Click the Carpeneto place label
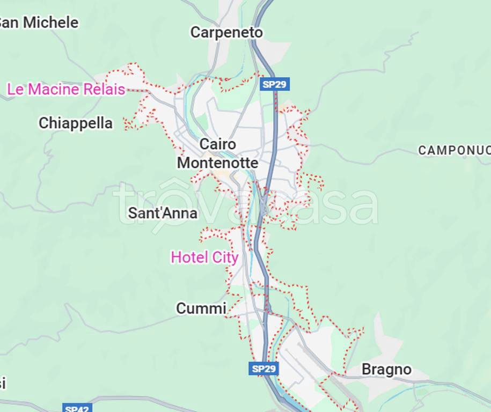point(226,33)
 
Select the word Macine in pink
point(53,90)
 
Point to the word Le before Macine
point(15,90)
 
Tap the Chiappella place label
point(76,123)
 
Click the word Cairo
point(217,144)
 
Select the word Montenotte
point(218,163)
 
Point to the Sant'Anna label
point(163,214)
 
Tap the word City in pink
point(225,257)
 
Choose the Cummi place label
point(201,308)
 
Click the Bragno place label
point(386,370)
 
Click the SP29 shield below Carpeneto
point(275,84)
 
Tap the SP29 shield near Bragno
point(264,369)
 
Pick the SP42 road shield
point(77,408)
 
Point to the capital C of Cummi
point(181,309)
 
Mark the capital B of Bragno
point(367,370)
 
